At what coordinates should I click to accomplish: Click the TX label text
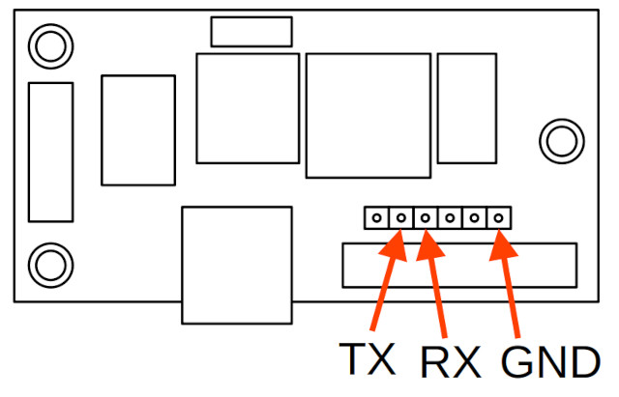coord(368,358)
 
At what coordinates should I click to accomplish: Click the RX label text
coord(451,361)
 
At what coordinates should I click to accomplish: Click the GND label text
coord(550,361)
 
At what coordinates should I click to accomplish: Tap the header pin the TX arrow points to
coord(401,217)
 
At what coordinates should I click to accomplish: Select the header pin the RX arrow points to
coord(426,217)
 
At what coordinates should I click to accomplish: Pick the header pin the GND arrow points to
coord(499,217)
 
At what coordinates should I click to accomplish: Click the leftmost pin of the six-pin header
coord(376,217)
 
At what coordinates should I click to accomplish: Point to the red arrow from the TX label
coord(389,280)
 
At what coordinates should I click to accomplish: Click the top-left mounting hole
coord(50,46)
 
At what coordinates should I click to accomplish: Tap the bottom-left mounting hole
coord(50,265)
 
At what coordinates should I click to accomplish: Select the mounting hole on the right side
coord(562,141)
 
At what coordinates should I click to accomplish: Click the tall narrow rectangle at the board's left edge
coord(51,153)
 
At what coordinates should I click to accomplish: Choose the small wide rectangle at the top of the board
coord(251,32)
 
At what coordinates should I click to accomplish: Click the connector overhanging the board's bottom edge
coord(237,265)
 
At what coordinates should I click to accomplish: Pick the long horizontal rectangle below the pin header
coord(459,266)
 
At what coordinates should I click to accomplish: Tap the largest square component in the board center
coord(368,116)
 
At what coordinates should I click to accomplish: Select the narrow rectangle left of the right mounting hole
coord(467,108)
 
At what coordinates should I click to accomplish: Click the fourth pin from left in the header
coord(450,217)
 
